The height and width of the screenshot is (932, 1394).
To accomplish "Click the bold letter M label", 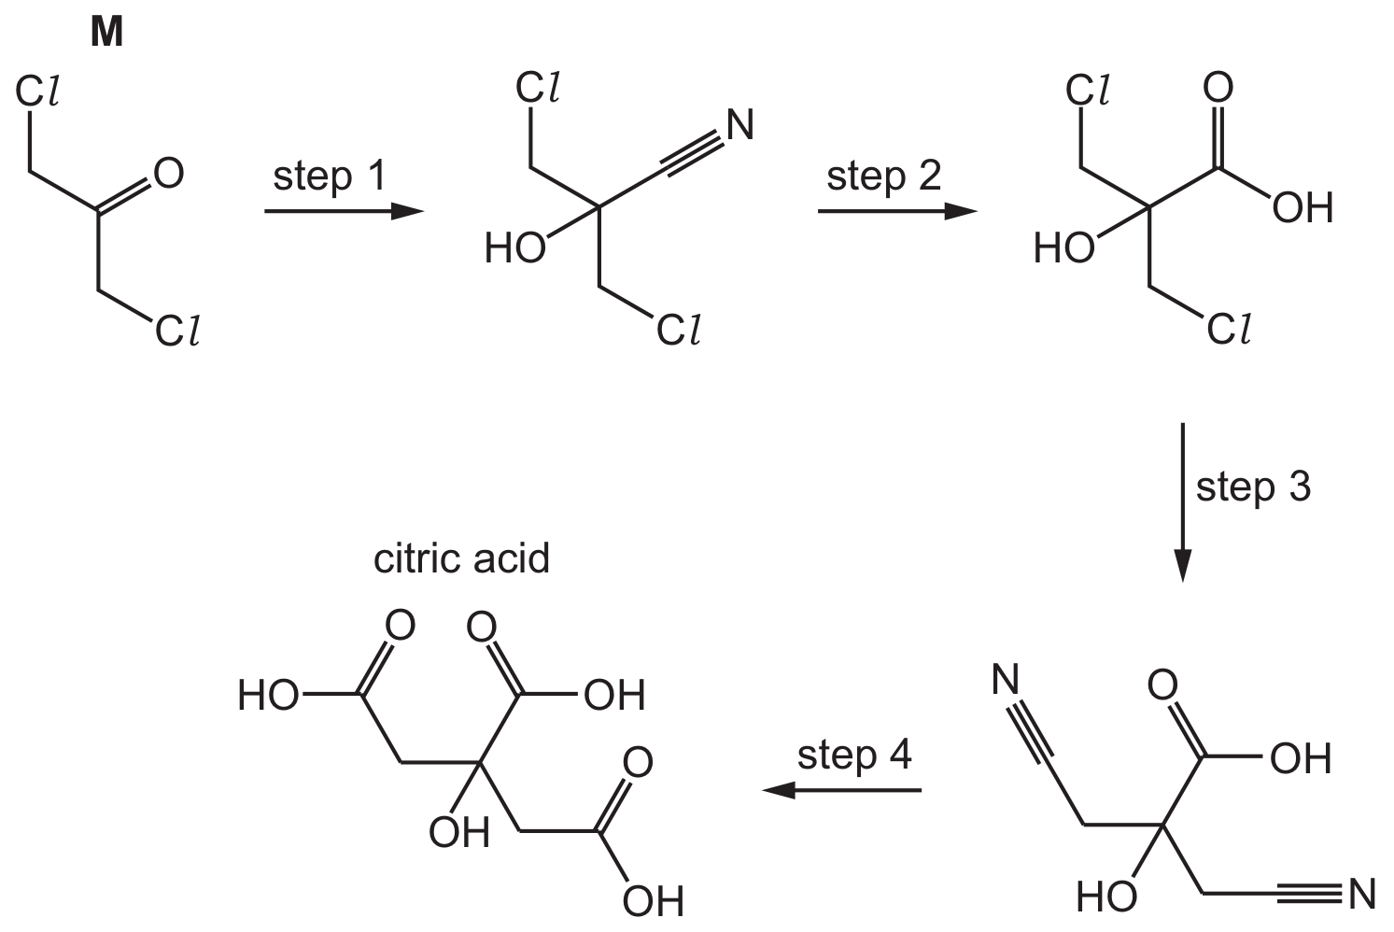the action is [x=107, y=33].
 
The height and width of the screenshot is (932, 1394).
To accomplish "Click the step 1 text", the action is [x=330, y=177].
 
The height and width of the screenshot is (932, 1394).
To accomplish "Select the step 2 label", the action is [x=883, y=177].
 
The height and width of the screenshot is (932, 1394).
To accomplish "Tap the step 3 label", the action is [x=1253, y=487].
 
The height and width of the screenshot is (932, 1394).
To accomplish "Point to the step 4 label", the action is [x=854, y=755].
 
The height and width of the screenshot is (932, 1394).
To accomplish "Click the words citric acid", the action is [x=461, y=558].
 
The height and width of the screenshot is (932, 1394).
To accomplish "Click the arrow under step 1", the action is [x=345, y=212].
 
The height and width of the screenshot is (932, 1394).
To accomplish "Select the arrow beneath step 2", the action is [x=897, y=212].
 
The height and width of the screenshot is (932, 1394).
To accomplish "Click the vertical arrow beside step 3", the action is [x=1182, y=502].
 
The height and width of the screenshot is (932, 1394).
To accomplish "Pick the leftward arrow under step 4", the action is [x=842, y=791].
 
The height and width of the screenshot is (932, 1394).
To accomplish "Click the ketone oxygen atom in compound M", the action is [x=169, y=173].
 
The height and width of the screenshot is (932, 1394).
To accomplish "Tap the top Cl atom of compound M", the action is [x=37, y=92].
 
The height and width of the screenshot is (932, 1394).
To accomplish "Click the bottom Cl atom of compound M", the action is [x=177, y=331].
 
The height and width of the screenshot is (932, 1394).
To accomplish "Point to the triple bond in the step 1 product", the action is [x=692, y=153].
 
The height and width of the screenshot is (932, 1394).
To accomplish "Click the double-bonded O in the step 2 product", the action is [x=1218, y=87].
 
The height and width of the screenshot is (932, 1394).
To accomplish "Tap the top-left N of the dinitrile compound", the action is [x=1006, y=679].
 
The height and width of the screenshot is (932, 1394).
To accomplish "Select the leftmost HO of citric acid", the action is [x=268, y=696].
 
